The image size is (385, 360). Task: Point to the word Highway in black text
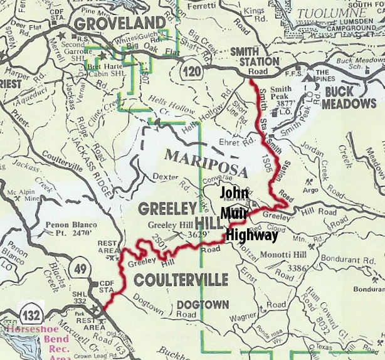coord(251,235)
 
